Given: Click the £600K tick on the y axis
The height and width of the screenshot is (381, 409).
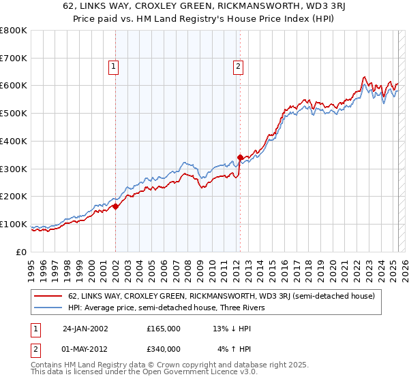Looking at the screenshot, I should coord(14,86).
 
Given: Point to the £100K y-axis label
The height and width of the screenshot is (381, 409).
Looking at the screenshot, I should coord(14,225).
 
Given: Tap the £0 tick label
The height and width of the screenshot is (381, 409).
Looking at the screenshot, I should coord(21,252).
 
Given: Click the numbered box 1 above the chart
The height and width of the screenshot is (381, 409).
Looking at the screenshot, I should coord(113,66).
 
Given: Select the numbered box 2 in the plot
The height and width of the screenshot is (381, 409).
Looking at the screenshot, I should coord(238,66).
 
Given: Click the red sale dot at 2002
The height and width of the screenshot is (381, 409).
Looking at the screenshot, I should coord(115,206).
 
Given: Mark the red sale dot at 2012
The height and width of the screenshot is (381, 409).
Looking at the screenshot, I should coord(240,157).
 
